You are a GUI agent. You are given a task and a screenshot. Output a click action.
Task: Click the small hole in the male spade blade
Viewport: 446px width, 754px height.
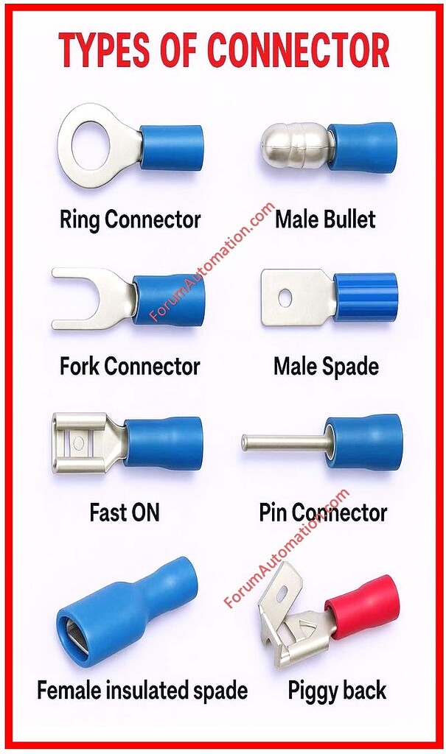click(285, 299)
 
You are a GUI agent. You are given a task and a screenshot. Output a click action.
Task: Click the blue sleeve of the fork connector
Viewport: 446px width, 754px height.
click(169, 300)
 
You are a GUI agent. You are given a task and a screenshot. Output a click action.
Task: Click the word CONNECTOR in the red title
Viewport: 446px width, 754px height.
click(298, 51)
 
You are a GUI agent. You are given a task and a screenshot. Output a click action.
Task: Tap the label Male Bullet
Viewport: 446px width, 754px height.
click(325, 219)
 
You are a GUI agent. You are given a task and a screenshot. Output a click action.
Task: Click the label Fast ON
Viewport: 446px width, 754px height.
click(125, 512)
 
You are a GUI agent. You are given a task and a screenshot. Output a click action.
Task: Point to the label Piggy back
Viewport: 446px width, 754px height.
click(337, 691)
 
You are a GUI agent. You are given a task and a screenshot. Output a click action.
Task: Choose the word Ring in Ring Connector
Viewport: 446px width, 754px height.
click(80, 220)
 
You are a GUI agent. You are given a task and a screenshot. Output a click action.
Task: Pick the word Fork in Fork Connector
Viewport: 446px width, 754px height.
click(80, 366)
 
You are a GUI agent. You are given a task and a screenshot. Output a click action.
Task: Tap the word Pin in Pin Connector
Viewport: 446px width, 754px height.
click(273, 512)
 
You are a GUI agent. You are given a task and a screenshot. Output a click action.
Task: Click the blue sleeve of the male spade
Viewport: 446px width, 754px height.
click(365, 297)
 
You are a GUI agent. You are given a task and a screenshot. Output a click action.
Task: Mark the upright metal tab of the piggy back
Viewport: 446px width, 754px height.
click(280, 590)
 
